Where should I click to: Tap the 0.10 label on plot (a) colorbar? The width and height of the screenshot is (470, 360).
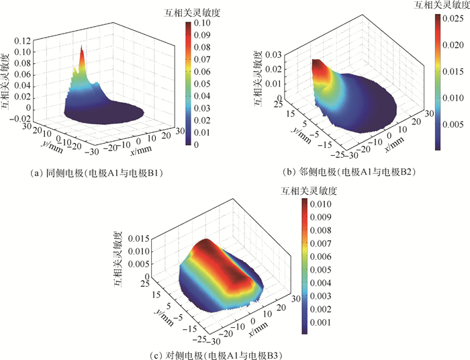pyautogui.click(x=203, y=22)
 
